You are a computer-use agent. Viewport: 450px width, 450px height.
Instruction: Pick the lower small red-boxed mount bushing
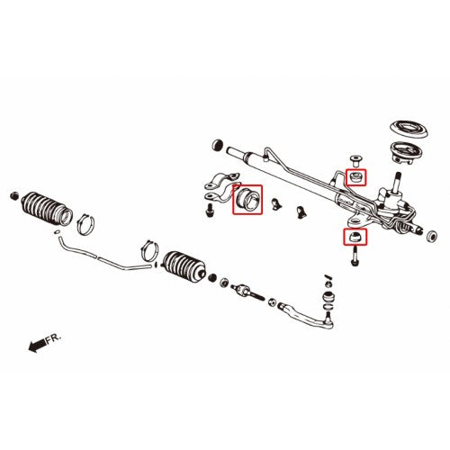[355, 237]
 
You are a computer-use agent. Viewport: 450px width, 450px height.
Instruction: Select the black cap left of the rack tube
[217, 144]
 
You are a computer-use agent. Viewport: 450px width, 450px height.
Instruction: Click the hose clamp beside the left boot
[86, 219]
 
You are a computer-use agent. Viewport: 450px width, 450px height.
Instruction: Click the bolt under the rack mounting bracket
[209, 211]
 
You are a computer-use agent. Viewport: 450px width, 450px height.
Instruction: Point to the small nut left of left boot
[13, 193]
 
